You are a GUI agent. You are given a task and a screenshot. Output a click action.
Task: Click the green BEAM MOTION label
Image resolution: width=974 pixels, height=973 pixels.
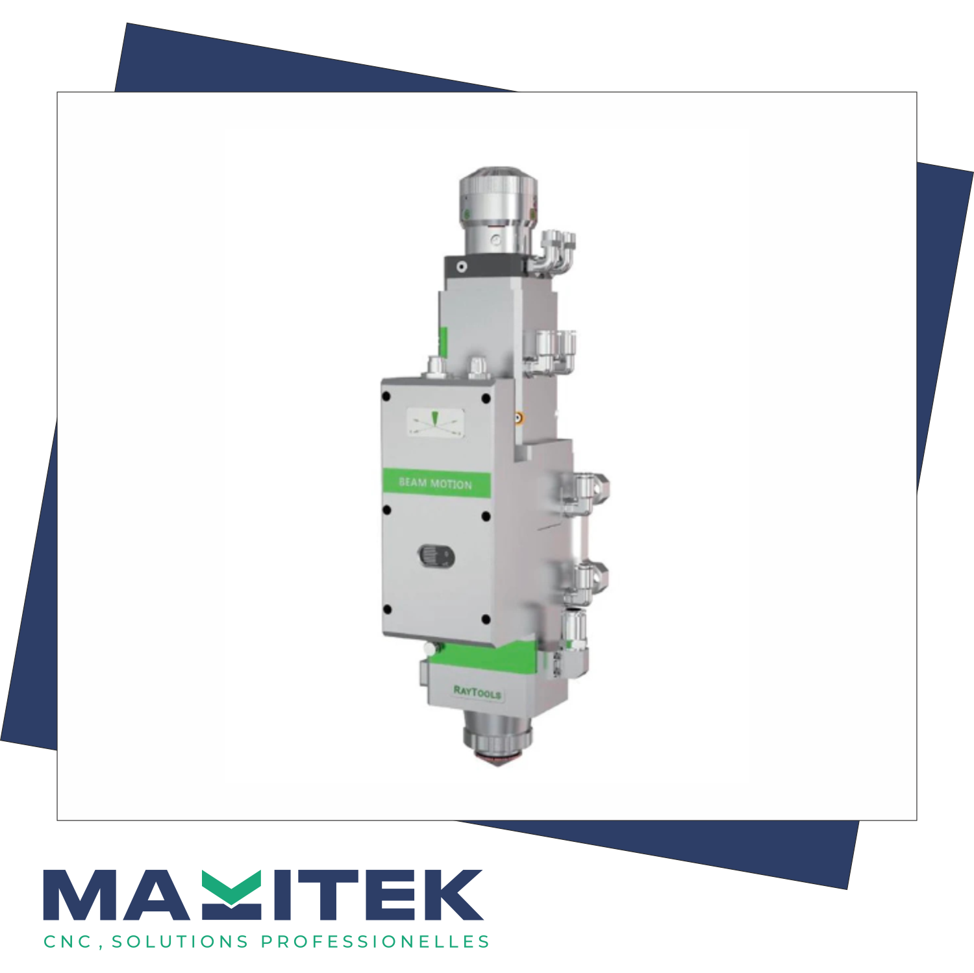436,483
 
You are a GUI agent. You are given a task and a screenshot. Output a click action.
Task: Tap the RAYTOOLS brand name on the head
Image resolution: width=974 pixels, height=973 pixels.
477,692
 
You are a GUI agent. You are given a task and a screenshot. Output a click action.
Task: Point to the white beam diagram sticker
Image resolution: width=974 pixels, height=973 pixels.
436,422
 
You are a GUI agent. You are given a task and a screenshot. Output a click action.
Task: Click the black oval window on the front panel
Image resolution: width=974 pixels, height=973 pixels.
436,556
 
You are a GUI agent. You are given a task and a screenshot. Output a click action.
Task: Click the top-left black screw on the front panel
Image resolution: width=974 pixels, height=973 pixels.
386,396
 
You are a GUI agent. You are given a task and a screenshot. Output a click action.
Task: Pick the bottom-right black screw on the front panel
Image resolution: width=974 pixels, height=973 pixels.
486,619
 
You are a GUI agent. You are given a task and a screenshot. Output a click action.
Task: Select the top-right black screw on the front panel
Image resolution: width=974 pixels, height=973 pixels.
486,399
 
